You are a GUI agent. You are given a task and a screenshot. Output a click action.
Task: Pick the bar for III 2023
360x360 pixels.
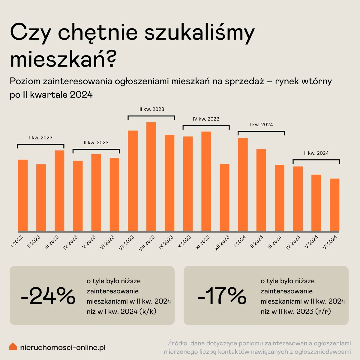59,190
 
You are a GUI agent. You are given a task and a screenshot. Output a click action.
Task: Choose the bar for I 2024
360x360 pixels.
243,184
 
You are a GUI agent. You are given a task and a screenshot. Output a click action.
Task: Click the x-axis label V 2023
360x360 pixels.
89,242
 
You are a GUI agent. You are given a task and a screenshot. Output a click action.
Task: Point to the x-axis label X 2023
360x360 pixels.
184,242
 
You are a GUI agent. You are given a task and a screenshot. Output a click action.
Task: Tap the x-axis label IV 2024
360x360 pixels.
293,242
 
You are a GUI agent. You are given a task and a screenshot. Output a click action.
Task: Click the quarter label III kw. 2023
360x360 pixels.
151,109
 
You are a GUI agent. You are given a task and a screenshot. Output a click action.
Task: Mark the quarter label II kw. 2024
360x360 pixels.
316,153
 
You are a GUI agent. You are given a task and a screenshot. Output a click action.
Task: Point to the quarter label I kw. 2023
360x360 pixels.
41,138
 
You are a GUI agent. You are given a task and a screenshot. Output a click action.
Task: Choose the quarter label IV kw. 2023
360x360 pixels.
206,119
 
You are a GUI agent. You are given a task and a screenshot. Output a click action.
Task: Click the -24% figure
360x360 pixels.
48,295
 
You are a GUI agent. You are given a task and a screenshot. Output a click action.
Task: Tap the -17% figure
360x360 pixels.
222,295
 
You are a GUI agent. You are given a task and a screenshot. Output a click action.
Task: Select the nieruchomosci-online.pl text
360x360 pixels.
63,348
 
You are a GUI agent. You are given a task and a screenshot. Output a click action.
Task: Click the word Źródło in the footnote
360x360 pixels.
177,343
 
